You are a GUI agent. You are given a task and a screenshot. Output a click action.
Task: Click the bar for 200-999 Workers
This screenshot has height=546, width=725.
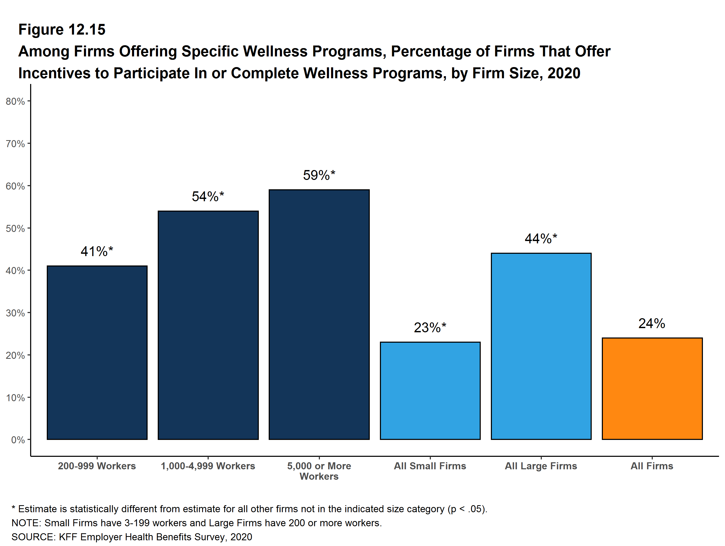97,353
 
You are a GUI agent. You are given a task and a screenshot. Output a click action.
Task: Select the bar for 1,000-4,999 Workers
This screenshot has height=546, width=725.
208,325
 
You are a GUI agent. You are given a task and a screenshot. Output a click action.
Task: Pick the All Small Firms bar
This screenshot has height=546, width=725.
430,391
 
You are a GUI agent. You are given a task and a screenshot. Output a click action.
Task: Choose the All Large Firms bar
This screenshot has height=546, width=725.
541,346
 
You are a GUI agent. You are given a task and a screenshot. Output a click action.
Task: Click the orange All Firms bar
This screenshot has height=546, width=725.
652,389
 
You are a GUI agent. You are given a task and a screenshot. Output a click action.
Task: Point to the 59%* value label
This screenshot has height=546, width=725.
319,175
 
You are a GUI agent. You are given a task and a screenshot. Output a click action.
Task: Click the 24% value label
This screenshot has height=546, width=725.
651,324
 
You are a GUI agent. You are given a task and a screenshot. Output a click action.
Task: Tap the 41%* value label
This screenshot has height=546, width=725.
97,251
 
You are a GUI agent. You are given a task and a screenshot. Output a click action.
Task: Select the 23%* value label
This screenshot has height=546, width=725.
430,328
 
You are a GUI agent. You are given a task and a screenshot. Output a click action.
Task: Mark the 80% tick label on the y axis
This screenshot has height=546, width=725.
15,101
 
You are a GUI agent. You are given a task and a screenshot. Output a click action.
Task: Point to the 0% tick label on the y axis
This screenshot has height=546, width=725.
18,440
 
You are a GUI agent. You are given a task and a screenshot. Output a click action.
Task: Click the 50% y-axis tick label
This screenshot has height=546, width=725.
15,228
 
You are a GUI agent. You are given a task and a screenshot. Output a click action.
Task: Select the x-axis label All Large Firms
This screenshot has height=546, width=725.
541,466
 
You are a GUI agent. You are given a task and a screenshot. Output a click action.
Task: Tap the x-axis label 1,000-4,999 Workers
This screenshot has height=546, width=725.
208,466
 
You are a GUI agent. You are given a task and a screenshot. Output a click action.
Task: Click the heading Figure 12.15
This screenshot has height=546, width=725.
62,30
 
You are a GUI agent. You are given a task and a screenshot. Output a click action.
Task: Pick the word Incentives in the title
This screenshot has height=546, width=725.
54,73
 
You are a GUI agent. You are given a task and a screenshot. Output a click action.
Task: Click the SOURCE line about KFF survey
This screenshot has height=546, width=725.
132,537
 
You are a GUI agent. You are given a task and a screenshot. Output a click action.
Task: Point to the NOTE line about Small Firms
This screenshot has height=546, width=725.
197,523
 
